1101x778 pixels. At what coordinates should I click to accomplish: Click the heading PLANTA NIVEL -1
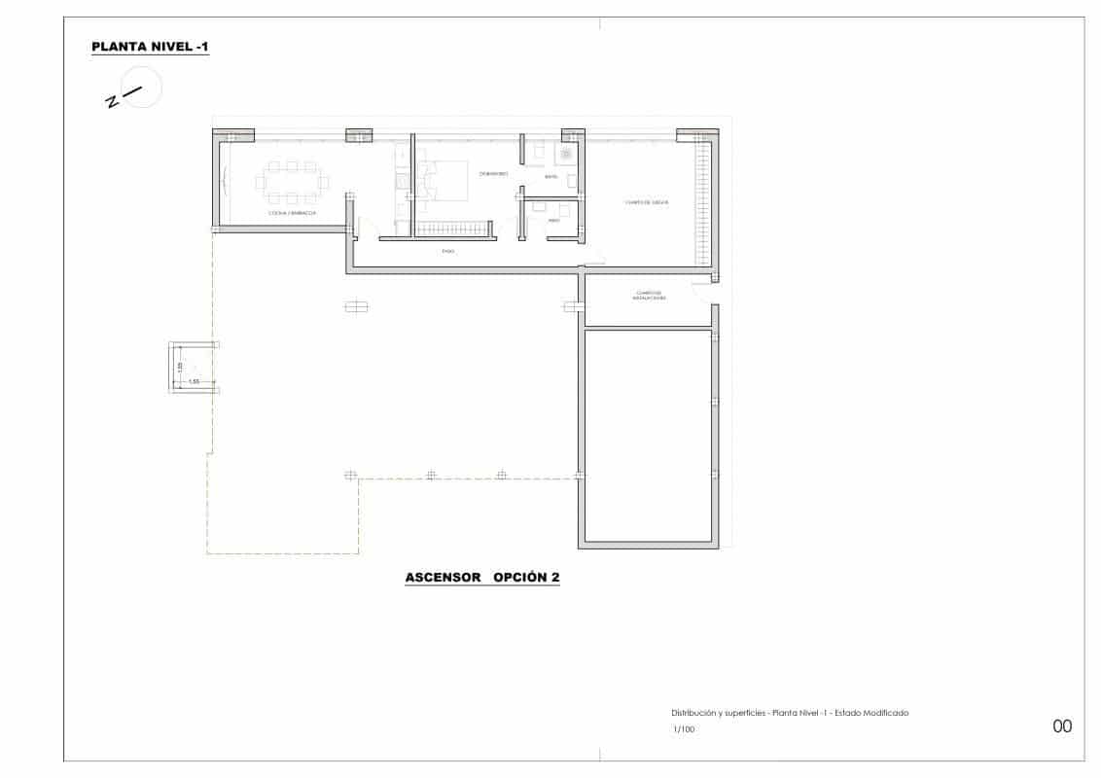click(150, 47)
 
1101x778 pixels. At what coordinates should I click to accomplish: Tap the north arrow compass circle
click(142, 87)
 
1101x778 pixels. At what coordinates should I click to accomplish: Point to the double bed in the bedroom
click(443, 182)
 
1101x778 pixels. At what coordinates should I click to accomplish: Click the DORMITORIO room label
click(494, 174)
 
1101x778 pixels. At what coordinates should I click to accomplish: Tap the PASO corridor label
click(448, 251)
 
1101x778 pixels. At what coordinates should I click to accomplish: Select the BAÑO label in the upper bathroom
click(550, 178)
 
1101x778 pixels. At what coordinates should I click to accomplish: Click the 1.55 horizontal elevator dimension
click(194, 380)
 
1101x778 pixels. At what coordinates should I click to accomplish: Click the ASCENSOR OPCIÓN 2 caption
click(482, 578)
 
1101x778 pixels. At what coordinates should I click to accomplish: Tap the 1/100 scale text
click(684, 728)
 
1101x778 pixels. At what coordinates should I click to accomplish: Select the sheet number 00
click(1062, 725)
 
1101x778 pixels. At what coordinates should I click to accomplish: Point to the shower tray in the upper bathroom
click(565, 153)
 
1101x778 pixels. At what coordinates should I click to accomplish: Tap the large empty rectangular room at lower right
click(649, 436)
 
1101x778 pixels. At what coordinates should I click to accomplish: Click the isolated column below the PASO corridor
click(356, 307)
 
